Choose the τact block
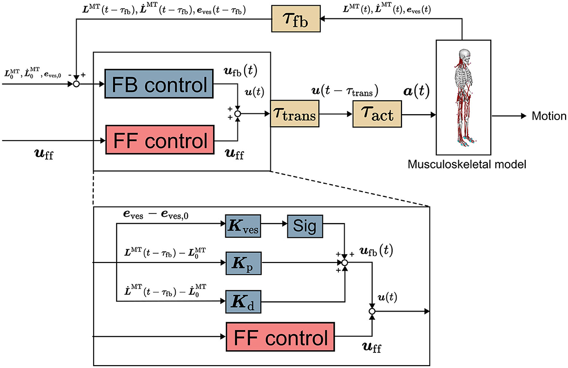tap(377, 116)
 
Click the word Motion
tap(549, 116)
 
